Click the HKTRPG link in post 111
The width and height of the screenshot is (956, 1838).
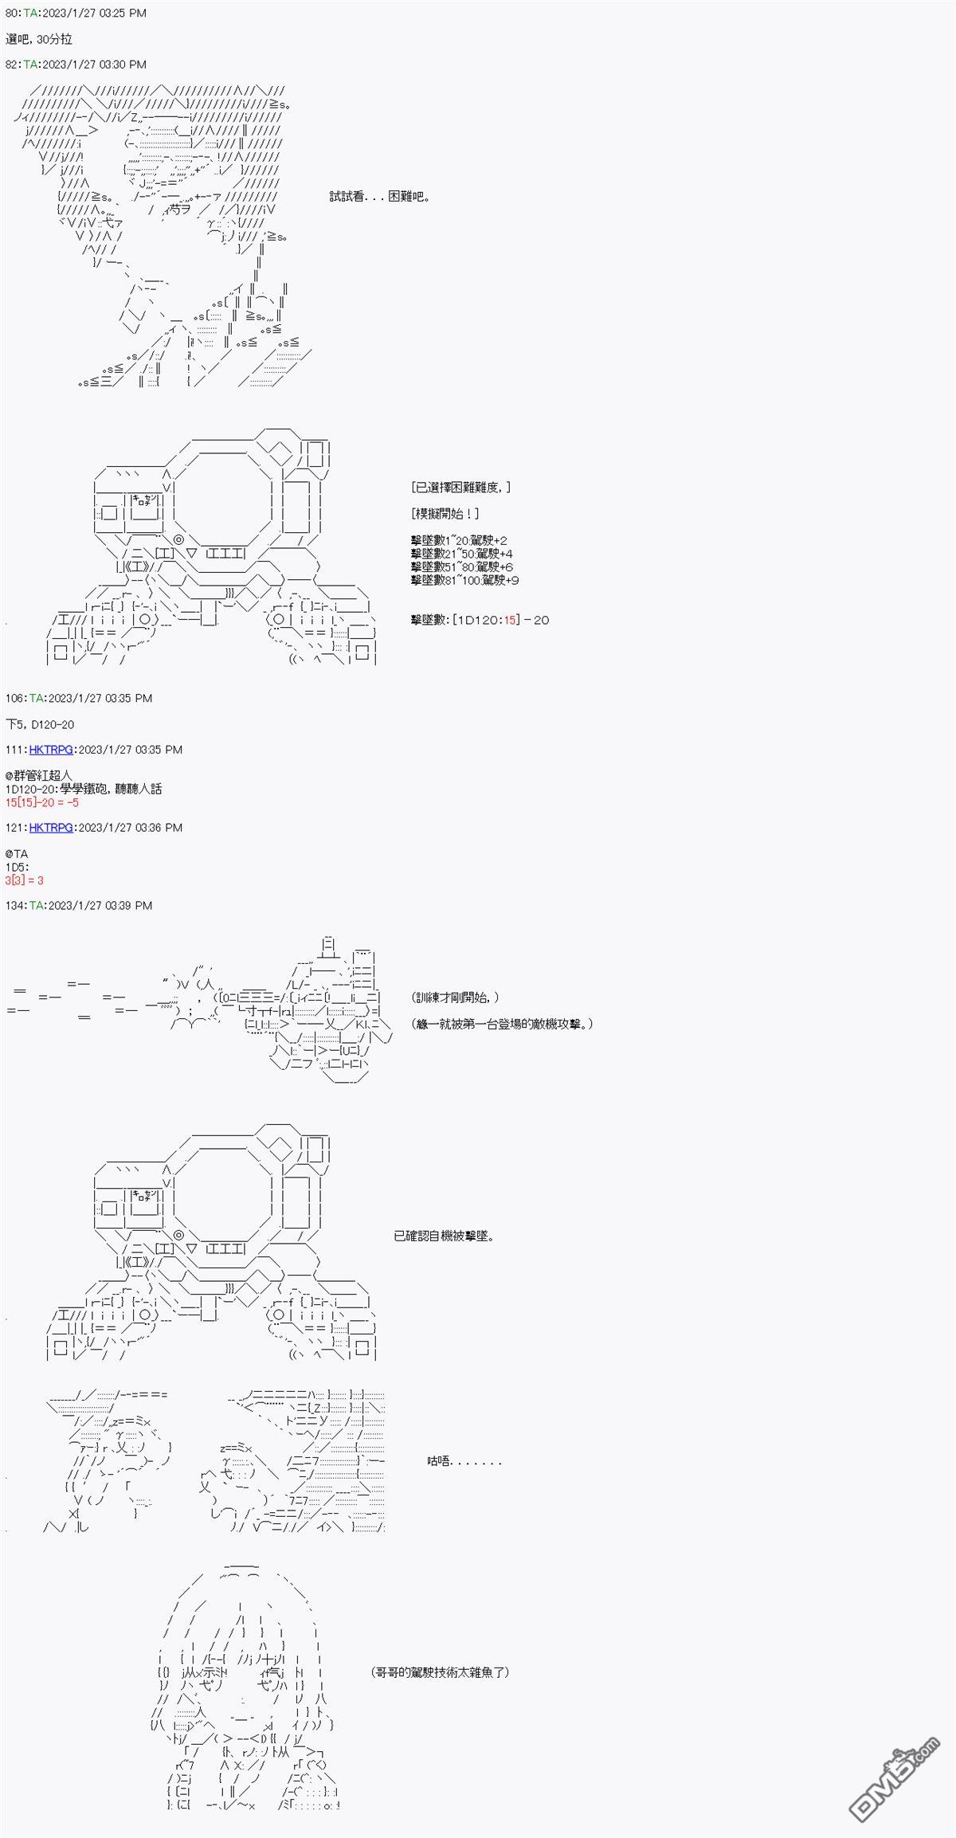point(51,750)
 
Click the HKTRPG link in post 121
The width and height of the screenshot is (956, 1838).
point(51,828)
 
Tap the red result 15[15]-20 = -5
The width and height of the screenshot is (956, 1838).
point(42,802)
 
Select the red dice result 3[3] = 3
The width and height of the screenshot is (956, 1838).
point(25,880)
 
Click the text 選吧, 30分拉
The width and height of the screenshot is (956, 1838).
point(39,39)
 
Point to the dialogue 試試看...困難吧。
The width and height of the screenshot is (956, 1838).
point(380,197)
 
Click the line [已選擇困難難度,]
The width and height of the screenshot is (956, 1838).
point(461,488)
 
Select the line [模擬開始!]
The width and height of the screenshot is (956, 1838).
point(445,514)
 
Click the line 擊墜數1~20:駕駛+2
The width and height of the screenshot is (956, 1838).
point(459,540)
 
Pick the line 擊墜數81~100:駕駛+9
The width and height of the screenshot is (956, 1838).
point(465,580)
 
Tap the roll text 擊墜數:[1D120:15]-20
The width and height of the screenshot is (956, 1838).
point(480,620)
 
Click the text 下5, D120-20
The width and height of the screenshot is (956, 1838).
point(40,724)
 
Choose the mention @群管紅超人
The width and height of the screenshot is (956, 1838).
point(38,775)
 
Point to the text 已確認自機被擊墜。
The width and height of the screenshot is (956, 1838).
point(444,1236)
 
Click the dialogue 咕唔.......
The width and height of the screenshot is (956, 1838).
point(464,1461)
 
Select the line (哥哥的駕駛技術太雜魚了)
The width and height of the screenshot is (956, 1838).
point(440,1672)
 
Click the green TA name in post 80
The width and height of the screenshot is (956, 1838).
point(29,14)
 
